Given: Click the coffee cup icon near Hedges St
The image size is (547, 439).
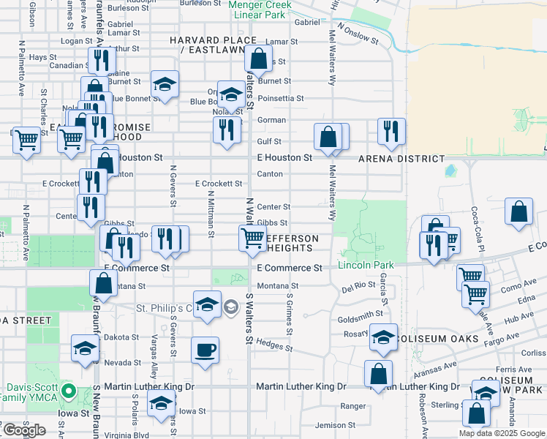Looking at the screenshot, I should (205, 349).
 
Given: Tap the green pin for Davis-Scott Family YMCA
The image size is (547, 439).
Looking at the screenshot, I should (68, 391).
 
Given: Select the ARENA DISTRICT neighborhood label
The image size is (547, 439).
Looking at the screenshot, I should (401, 158).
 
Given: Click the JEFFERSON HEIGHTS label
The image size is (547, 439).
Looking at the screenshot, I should (291, 244).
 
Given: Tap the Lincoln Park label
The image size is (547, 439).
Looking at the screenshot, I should (366, 264).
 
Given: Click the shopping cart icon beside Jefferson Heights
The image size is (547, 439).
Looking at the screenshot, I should (252, 237).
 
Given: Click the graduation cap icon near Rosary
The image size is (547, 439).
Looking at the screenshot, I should (382, 337).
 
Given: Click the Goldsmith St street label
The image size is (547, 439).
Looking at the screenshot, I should (361, 313).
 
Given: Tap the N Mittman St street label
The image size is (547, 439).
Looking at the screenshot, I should (211, 214).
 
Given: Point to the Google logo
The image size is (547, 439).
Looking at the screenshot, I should (23, 430).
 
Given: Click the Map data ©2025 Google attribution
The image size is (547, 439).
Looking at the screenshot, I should (502, 433).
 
